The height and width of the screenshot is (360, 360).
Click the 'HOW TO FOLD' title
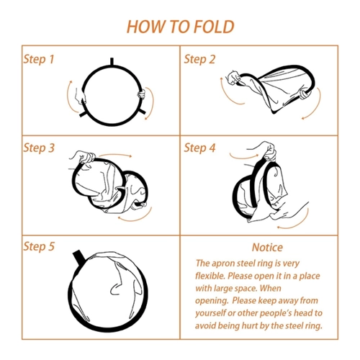pos(180,27)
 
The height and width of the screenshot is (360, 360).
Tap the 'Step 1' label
pos(39,59)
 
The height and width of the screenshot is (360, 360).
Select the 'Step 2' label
pos(199,59)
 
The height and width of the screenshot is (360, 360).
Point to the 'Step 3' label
pos(39,148)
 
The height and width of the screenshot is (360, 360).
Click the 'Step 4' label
pos(199,148)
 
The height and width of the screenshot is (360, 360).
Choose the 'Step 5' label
pos(39,246)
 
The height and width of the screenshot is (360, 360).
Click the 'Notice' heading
pos(267,248)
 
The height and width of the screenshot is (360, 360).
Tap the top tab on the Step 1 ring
pos(112,61)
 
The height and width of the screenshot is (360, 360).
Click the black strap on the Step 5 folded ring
pos(79,257)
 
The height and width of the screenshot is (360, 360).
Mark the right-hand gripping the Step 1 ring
pos(142,94)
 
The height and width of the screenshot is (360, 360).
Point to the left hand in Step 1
pos(80,96)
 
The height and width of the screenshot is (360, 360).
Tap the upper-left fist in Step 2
pos(234,78)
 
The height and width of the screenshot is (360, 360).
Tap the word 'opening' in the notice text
pos(212,301)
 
